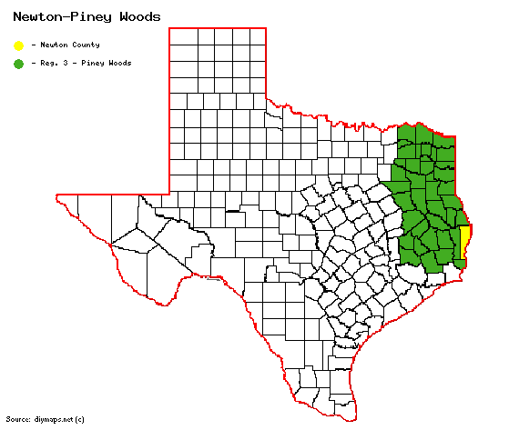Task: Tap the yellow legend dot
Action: (18, 45)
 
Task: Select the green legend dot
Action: (18, 64)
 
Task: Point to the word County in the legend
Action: (86, 45)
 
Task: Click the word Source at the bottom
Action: (17, 419)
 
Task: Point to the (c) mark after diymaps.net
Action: (80, 419)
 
